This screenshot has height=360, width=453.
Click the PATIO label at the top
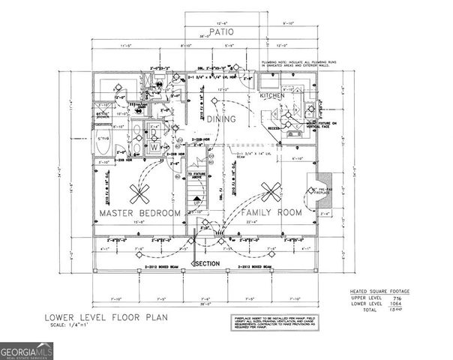click(223, 32)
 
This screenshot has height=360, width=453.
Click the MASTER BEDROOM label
click(140, 214)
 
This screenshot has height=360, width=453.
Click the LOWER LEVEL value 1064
click(396, 302)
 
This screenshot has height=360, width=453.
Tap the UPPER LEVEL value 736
click(396, 296)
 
